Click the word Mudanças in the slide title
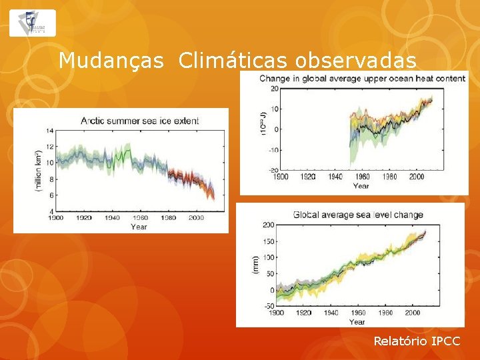pos(111,61)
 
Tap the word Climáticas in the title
pos(232,61)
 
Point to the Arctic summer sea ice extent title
pos(139,121)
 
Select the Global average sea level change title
pos(358,215)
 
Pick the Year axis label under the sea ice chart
pos(139,227)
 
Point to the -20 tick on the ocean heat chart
pos(272,170)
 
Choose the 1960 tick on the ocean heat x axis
pos(363,177)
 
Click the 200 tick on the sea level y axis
pos(268,225)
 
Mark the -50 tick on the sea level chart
pos(268,306)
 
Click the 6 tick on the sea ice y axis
pos(50,195)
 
